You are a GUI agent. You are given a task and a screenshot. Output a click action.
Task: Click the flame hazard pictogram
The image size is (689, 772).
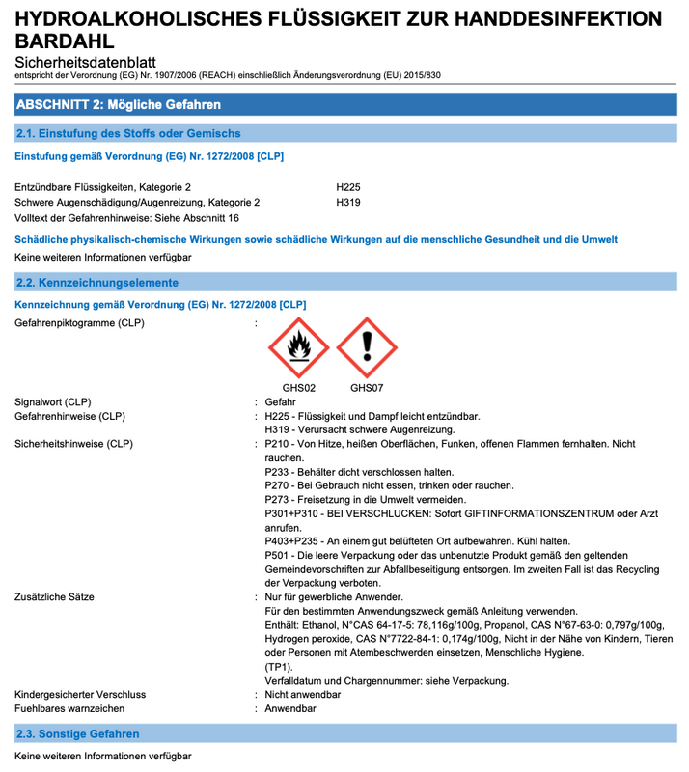tap(298, 348)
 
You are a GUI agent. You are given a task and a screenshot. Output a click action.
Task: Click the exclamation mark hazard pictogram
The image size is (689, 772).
tap(367, 348)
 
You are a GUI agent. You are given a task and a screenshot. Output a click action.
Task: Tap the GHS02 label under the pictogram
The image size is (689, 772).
tap(298, 389)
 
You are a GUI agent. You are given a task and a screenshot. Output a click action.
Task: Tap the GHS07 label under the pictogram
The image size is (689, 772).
tap(367, 389)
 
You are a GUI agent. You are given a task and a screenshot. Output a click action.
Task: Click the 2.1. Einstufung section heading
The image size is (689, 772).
tap(128, 133)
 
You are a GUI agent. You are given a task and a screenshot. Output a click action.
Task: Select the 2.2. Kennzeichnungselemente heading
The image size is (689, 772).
tap(97, 283)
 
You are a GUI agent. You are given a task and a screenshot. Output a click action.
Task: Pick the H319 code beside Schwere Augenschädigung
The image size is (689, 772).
tap(348, 203)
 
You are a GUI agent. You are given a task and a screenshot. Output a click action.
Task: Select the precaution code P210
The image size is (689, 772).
tap(278, 444)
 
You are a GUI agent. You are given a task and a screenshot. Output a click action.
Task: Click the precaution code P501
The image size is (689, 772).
tap(278, 556)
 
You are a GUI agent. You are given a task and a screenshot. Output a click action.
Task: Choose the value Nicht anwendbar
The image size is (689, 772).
tap(304, 695)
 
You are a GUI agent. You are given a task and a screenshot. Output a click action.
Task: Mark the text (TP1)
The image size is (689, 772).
tap(280, 668)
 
